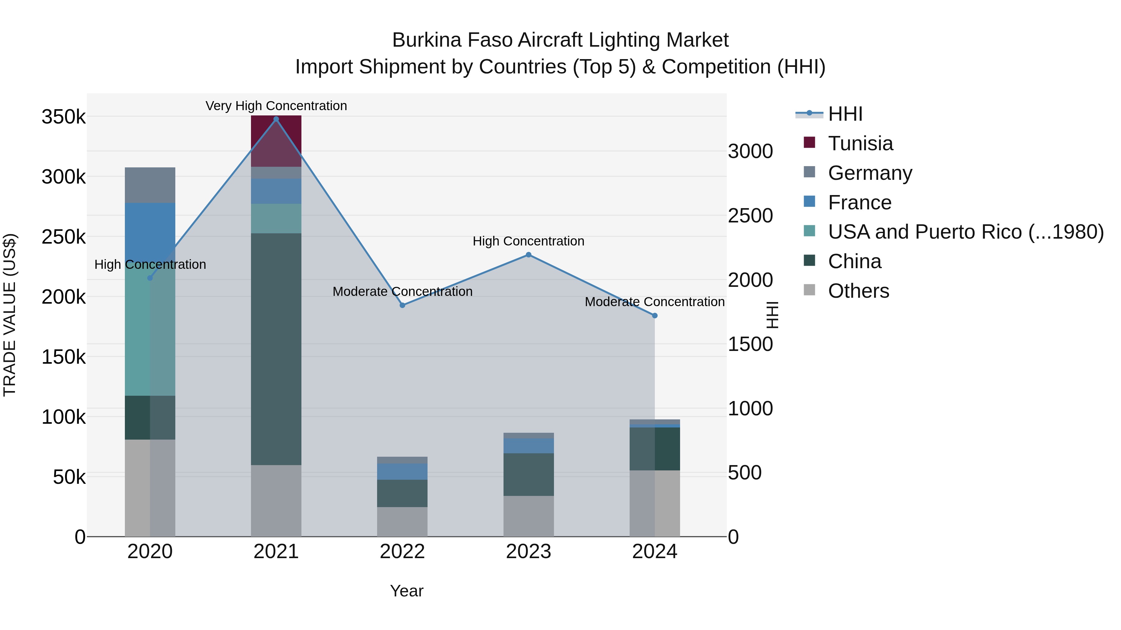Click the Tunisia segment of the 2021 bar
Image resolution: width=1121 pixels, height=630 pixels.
[276, 141]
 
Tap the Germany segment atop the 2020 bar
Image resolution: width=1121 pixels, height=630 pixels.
[150, 185]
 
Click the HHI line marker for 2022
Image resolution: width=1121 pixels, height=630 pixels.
[402, 305]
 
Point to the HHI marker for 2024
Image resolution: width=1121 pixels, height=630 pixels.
[655, 316]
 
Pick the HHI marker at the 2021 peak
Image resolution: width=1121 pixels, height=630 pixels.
[276, 119]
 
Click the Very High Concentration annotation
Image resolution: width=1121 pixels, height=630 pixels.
[276, 106]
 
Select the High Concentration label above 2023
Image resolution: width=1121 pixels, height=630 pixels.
[528, 241]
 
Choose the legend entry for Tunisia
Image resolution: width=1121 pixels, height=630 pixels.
[860, 143]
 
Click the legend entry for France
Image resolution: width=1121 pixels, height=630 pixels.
[859, 203]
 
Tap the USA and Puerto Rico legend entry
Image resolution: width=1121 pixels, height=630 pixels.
[965, 232]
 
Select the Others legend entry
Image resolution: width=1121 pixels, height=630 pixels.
[858, 291]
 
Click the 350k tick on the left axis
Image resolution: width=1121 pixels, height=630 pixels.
[64, 117]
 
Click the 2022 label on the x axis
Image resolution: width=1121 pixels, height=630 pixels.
[402, 552]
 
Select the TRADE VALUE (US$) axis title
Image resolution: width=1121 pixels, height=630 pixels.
[10, 315]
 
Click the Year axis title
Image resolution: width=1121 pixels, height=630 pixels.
[406, 591]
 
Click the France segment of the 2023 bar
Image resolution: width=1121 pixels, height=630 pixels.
[528, 446]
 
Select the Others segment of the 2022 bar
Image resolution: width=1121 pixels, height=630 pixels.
[402, 521]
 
